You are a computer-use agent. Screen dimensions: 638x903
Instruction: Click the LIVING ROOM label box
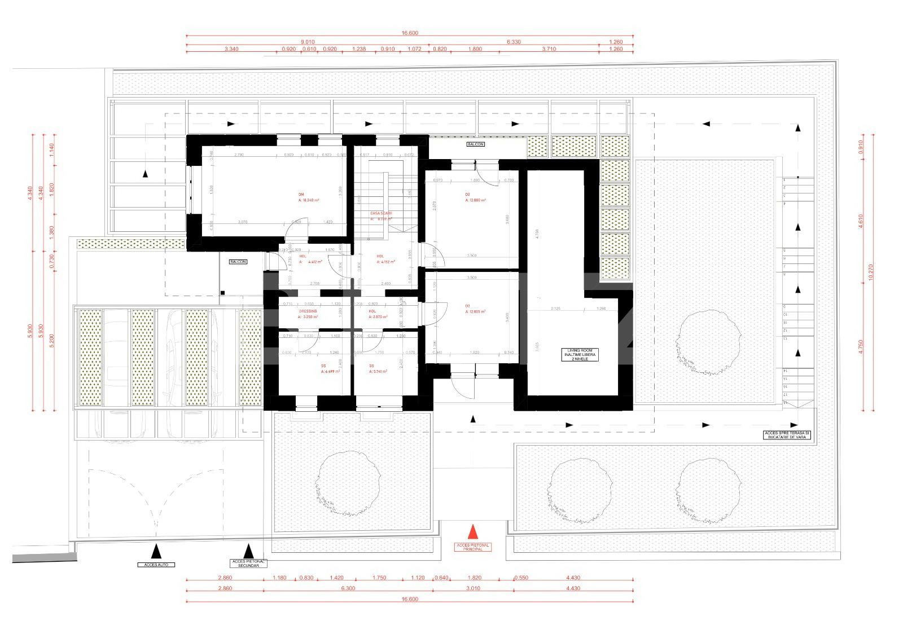click(582, 355)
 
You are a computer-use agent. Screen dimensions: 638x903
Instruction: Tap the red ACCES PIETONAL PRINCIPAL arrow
click(473, 533)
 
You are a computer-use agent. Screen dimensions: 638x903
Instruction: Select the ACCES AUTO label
click(156, 565)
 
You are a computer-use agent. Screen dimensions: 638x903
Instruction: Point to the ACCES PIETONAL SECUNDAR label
click(248, 564)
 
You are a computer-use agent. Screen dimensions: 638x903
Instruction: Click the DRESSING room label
click(308, 311)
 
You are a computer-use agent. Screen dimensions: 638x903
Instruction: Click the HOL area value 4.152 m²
click(386, 262)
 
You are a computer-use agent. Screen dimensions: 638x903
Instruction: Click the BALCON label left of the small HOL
click(238, 262)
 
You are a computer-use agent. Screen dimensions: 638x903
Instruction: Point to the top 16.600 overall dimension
click(410, 33)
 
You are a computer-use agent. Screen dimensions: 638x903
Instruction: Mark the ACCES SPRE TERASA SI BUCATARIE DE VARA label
click(787, 435)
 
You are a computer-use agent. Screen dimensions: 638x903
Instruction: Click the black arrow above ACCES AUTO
click(156, 550)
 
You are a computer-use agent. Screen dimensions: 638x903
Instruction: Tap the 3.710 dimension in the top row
click(549, 49)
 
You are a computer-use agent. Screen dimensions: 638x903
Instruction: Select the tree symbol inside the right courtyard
click(709, 342)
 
